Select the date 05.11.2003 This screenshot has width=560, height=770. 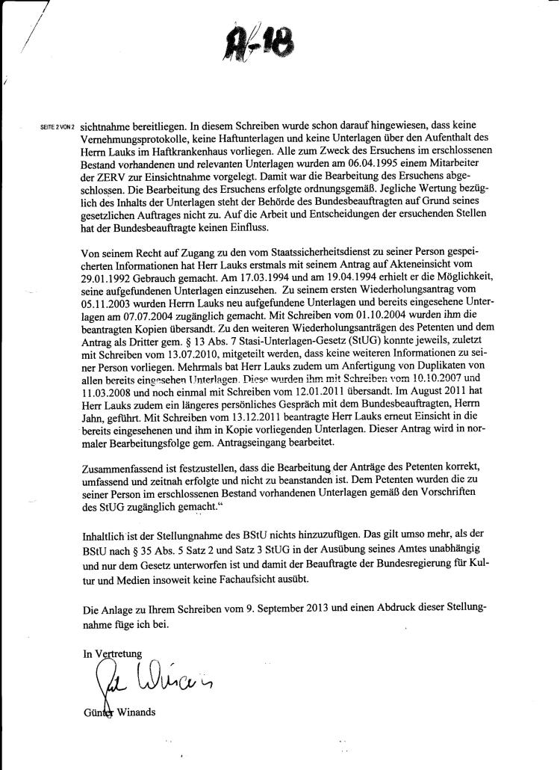coord(108,303)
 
